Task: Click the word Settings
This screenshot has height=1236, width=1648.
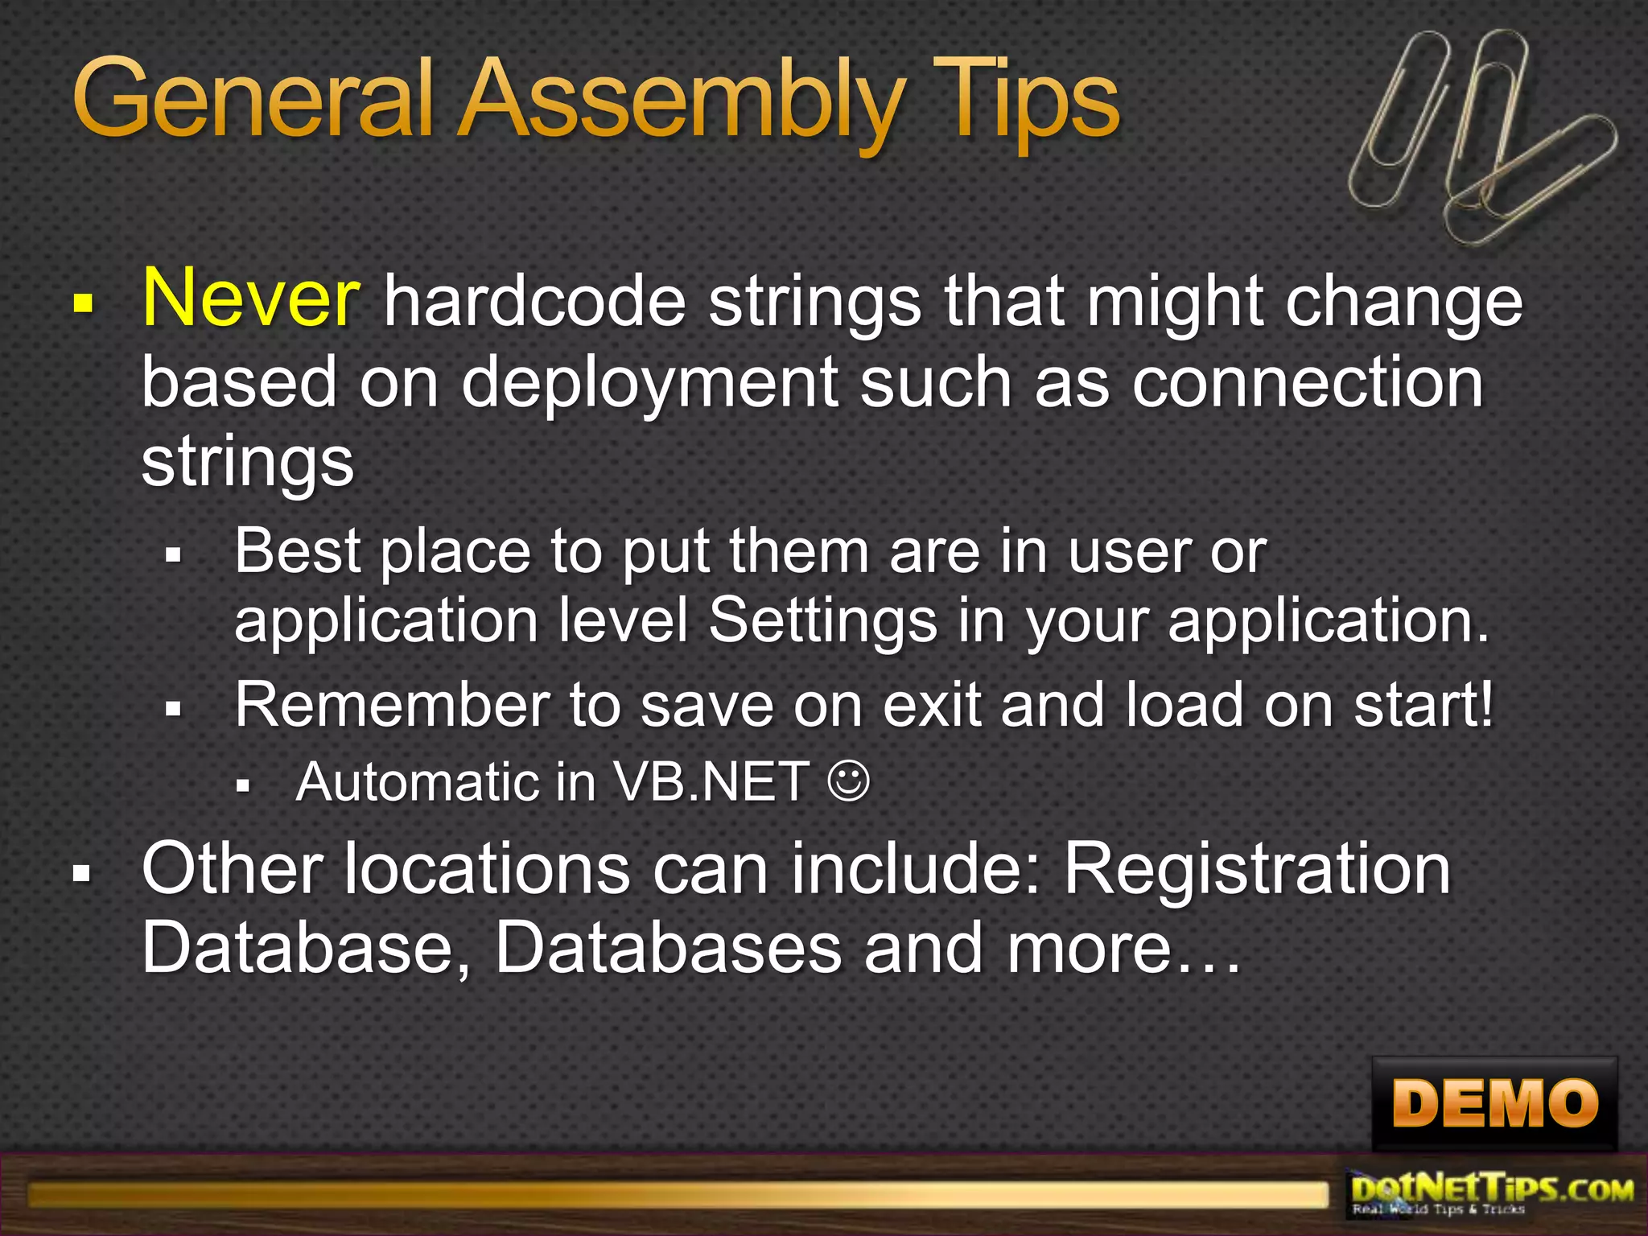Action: [x=822, y=620]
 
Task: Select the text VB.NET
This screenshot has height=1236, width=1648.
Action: [x=711, y=781]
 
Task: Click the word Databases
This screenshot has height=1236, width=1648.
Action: [x=668, y=948]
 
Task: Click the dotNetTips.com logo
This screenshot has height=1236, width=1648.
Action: [x=1493, y=1194]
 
